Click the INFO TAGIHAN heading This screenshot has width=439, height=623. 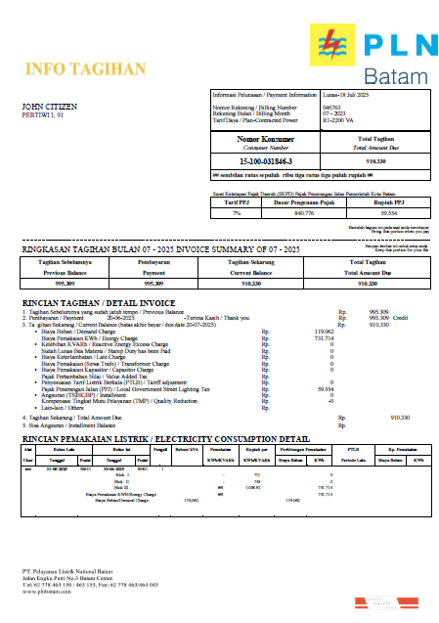click(x=71, y=68)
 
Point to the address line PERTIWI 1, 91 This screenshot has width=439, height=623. click(x=42, y=114)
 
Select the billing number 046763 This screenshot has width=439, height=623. click(x=331, y=106)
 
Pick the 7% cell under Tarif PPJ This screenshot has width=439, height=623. click(x=236, y=211)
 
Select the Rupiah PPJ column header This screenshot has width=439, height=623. click(x=388, y=203)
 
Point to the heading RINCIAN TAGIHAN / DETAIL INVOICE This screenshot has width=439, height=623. click(x=99, y=303)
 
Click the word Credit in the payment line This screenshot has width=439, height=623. click(x=400, y=317)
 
